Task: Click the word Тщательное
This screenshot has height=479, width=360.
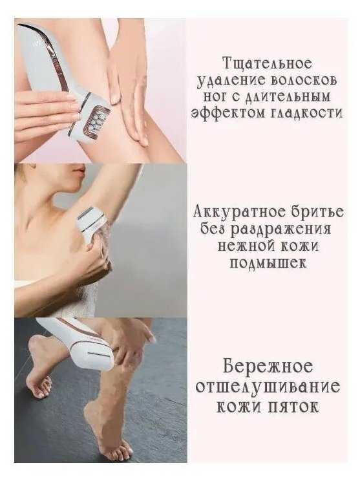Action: (x=268, y=63)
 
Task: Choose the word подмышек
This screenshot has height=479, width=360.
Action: (x=268, y=262)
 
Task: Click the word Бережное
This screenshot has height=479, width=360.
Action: (x=268, y=366)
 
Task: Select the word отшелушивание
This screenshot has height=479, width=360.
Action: (x=268, y=387)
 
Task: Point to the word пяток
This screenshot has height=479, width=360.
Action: (x=295, y=407)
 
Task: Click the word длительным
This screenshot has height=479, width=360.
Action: (x=288, y=97)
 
